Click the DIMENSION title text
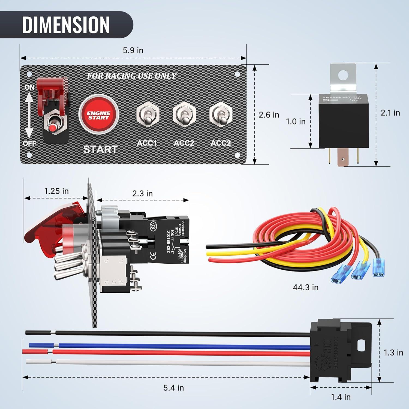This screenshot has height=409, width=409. tap(66, 25)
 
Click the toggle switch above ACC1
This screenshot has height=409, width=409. tap(148, 115)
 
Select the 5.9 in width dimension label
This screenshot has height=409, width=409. tap(133, 50)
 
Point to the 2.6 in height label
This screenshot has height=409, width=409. tap(269, 115)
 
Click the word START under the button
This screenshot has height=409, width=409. tap(100, 149)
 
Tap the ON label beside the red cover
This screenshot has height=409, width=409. tap(29, 87)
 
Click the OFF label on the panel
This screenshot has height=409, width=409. tap(29, 143)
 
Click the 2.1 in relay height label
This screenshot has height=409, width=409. tap(390, 113)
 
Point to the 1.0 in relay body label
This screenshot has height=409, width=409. tap(296, 121)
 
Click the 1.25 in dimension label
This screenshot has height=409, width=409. tap(56, 191)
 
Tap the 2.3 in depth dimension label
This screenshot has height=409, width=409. tap(142, 194)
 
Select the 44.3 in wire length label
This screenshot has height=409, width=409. tap(306, 287)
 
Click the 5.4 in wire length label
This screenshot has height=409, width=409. tap(173, 388)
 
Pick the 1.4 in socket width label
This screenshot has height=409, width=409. tap(341, 397)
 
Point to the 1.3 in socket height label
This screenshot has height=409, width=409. tap(393, 353)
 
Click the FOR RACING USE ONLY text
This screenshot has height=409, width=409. tap(132, 76)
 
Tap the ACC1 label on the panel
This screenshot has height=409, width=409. tap(147, 143)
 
